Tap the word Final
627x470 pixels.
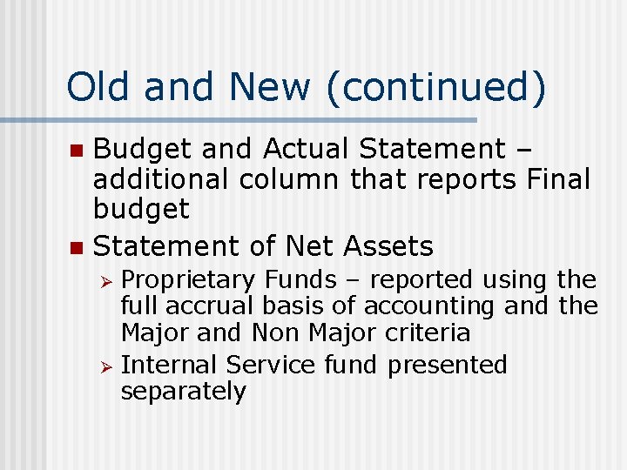[558, 180]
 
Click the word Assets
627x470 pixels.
[388, 246]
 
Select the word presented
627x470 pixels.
[447, 364]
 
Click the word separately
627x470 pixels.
[184, 392]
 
